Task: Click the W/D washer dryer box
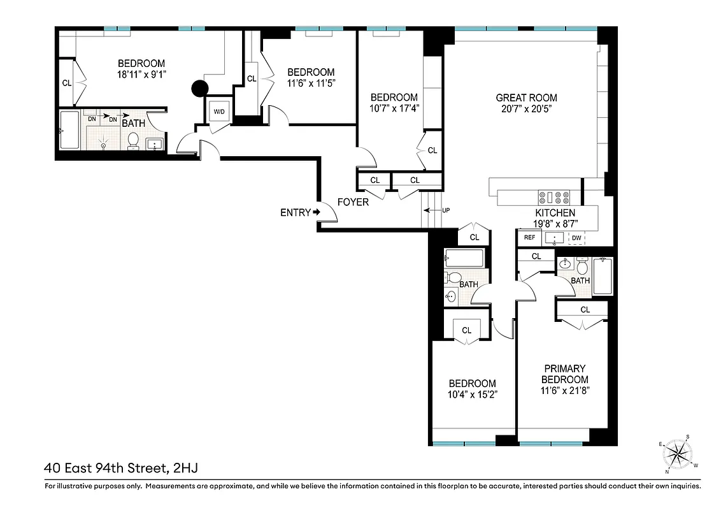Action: tap(219, 112)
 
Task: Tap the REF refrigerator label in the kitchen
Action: tap(529, 238)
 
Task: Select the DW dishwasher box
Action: tap(576, 238)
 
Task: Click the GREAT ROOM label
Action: tap(526, 98)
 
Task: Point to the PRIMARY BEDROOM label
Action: tap(556, 374)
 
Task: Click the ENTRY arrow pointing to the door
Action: tap(316, 212)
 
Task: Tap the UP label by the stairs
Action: tap(446, 210)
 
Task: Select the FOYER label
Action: tap(353, 202)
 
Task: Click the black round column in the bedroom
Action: tap(200, 90)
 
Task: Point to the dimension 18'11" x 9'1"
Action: tap(141, 75)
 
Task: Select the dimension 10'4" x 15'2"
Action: tap(472, 395)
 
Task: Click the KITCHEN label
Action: tap(555, 213)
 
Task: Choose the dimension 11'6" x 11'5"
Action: tap(310, 83)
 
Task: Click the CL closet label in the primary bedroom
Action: tap(585, 310)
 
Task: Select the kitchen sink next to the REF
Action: tap(555, 238)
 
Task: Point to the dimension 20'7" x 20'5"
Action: tap(526, 108)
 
